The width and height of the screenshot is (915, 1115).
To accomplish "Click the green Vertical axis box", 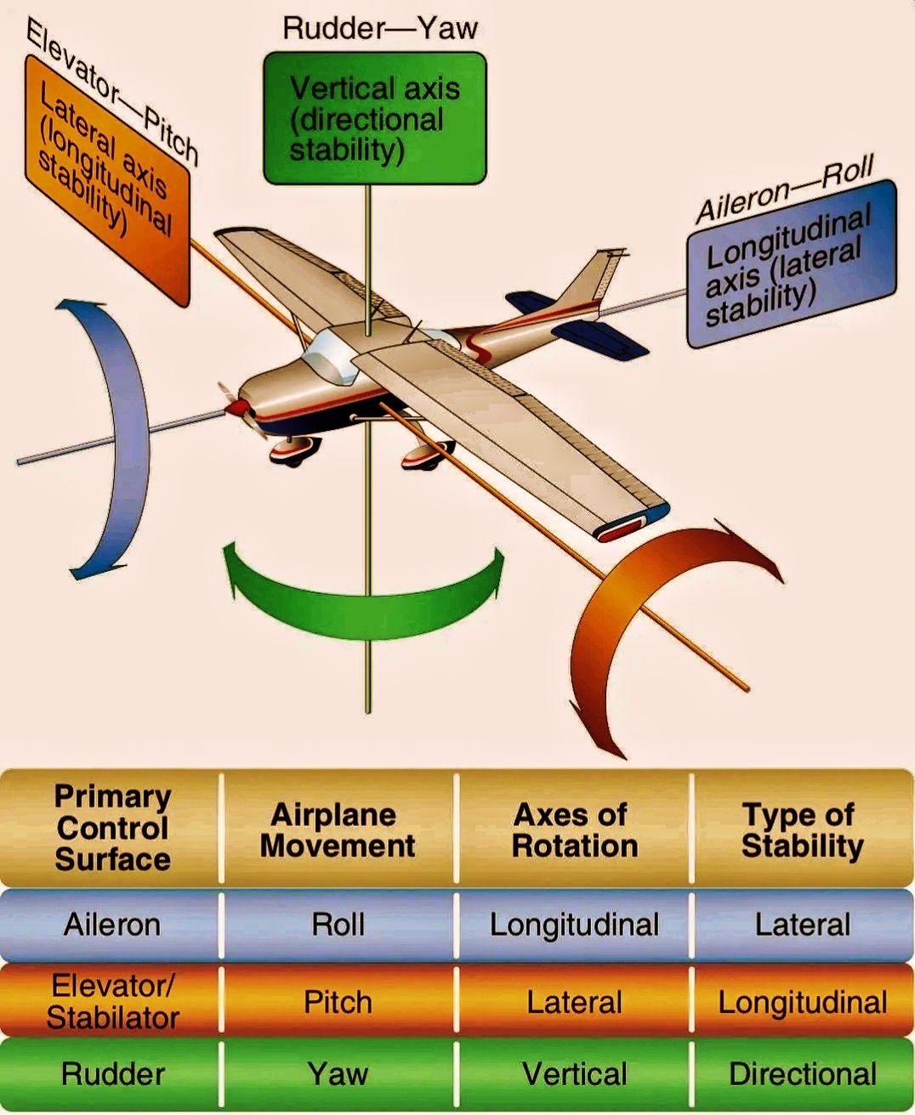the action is [x=374, y=118].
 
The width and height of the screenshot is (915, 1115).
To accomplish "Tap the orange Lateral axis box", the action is [x=107, y=181].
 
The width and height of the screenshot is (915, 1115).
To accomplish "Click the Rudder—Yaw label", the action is [x=380, y=28].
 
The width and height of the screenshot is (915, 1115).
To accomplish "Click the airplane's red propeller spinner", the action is [x=237, y=407].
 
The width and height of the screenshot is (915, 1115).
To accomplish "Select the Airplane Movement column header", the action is [x=338, y=829].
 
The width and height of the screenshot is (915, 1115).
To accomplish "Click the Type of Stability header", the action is [x=802, y=829].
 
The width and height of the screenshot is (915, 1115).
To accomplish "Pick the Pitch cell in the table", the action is [x=338, y=1003].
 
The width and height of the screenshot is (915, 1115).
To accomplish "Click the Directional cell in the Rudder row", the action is [x=802, y=1074].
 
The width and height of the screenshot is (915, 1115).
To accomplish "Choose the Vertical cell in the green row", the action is [x=574, y=1074].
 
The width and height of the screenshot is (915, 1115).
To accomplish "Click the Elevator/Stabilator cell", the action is [x=112, y=1002].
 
